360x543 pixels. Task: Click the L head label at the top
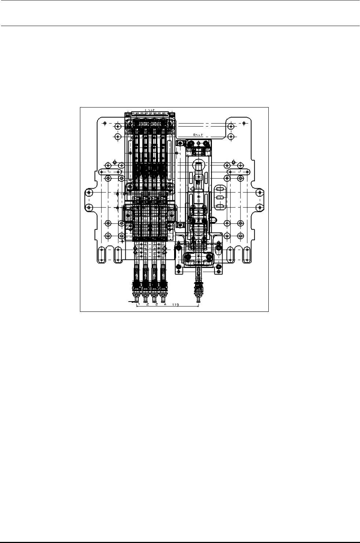click(150, 110)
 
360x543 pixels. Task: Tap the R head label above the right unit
click(198, 135)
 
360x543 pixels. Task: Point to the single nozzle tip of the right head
click(198, 299)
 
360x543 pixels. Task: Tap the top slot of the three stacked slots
click(220, 189)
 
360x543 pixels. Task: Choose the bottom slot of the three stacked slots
click(220, 207)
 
